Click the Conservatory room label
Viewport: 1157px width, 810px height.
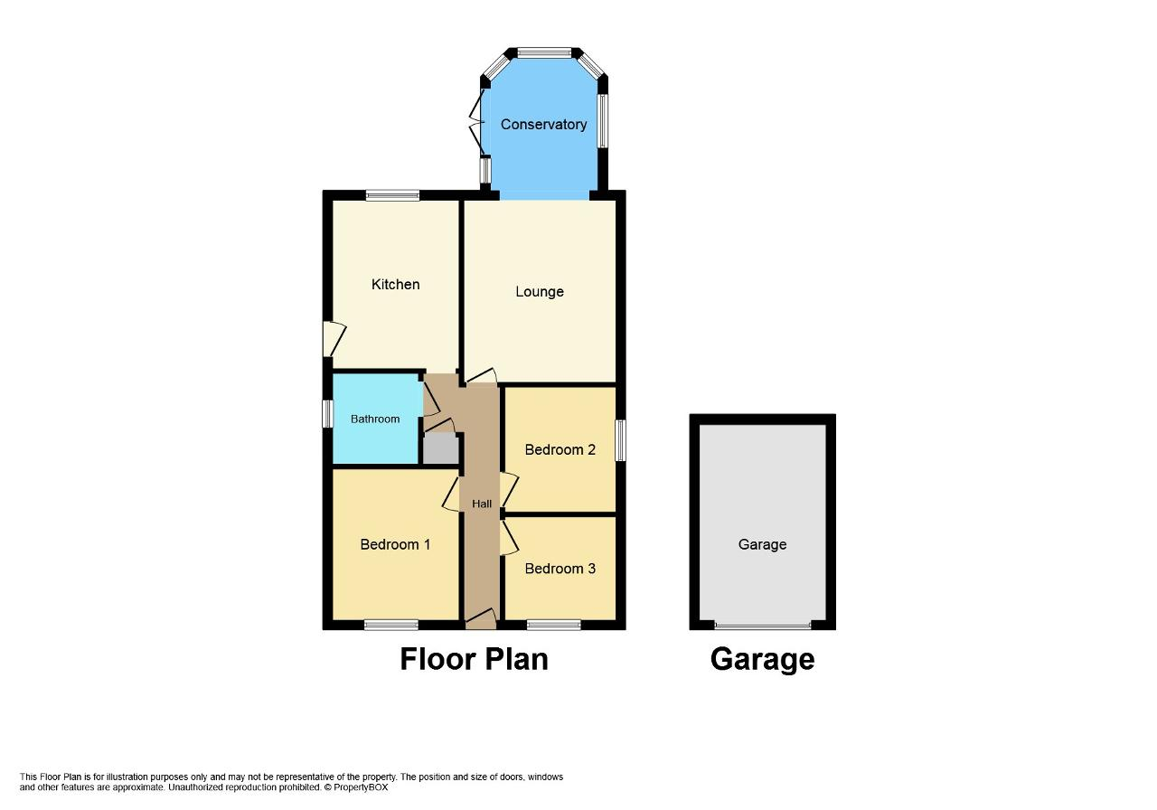click(x=543, y=125)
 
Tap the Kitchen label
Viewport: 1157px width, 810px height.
click(x=396, y=284)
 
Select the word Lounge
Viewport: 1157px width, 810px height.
click(x=540, y=292)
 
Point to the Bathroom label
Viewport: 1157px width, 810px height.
click(x=375, y=419)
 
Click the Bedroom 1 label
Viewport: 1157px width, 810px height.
click(x=395, y=544)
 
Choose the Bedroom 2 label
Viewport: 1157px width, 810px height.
click(x=560, y=450)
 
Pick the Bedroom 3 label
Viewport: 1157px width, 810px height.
click(x=560, y=569)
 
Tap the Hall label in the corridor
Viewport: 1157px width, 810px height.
click(x=482, y=504)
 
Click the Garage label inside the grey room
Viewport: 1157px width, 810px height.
click(x=762, y=544)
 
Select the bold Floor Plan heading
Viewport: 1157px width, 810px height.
click(x=475, y=660)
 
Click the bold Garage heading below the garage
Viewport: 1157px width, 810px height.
click(x=762, y=660)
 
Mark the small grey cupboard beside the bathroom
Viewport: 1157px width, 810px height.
click(x=440, y=448)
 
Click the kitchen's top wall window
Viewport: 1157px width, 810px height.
click(x=393, y=195)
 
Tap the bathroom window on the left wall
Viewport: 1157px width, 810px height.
click(x=327, y=414)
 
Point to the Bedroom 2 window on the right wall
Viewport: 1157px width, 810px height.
click(x=620, y=440)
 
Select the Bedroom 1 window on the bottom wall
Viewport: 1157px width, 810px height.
click(x=391, y=626)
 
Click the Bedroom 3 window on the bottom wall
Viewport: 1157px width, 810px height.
click(x=554, y=626)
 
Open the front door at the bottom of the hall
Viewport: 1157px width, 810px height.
click(x=481, y=619)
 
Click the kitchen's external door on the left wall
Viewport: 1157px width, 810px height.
click(x=334, y=339)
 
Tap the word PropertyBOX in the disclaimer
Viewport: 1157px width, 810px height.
click(x=361, y=787)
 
